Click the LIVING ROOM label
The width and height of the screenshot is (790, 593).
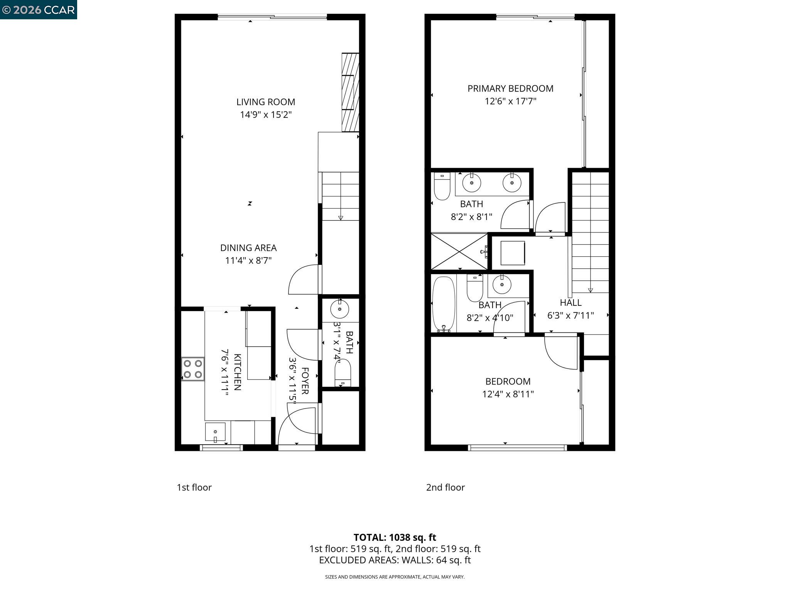tap(265, 102)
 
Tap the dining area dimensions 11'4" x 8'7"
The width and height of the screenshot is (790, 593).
tap(248, 261)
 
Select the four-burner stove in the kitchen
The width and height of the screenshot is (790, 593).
tap(193, 369)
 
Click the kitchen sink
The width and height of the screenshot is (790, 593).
tap(215, 432)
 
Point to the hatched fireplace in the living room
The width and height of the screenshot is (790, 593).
tap(350, 92)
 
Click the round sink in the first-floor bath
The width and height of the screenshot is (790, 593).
tap(339, 309)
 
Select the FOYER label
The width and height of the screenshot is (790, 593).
tap(304, 381)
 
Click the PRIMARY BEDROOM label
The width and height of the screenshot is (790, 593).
tap(510, 88)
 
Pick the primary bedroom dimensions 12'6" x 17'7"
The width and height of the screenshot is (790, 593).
tap(510, 102)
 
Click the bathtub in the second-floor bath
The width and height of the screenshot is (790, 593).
tap(444, 304)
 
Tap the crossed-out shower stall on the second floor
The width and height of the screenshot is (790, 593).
tap(459, 251)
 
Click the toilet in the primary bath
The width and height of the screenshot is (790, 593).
tap(442, 186)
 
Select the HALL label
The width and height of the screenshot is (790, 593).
tap(570, 303)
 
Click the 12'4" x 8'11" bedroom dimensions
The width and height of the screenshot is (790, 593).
tap(508, 394)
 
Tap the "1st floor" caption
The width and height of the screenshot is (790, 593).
tap(194, 487)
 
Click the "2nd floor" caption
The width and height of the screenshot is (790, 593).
tap(445, 487)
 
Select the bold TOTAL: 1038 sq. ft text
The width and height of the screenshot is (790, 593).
tap(395, 537)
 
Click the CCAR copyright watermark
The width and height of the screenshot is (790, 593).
tap(39, 10)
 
